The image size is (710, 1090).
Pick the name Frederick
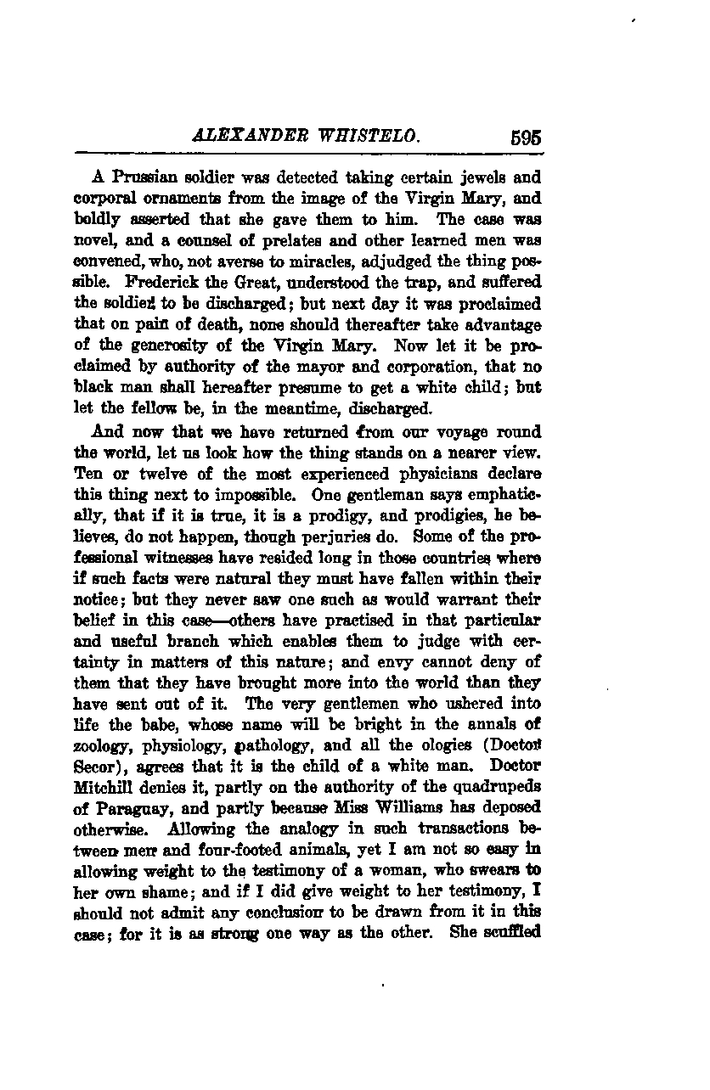coord(167,281)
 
